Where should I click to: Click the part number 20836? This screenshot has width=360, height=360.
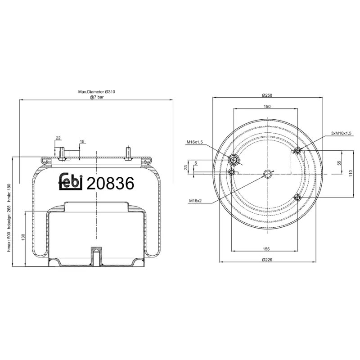tap(110, 183)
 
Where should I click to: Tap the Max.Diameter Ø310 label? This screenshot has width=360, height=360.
tap(97, 92)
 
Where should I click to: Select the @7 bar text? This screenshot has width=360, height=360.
tap(97, 97)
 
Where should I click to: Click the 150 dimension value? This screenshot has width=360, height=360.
tap(267, 107)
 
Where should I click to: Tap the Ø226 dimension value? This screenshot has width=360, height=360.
tap(267, 259)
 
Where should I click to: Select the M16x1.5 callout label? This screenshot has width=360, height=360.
tap(195, 142)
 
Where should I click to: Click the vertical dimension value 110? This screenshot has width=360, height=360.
tap(350, 173)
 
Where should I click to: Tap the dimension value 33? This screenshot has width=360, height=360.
tap(186, 167)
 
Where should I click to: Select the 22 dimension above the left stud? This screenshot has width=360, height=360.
tap(58, 138)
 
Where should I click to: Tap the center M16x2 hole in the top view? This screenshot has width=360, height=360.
tap(269, 174)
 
